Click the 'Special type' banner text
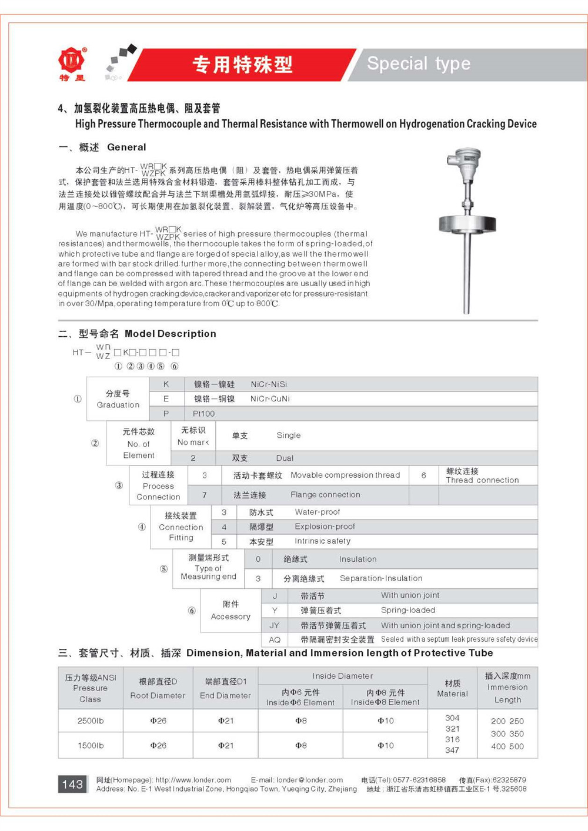click(x=419, y=63)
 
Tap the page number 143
click(x=72, y=784)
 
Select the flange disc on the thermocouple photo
click(x=467, y=224)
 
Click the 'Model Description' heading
click(x=171, y=334)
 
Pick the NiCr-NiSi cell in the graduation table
click(x=269, y=384)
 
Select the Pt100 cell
click(x=203, y=414)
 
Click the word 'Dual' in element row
click(x=285, y=458)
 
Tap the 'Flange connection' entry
click(x=325, y=495)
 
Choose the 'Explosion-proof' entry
click(x=325, y=527)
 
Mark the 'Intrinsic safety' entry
click(x=322, y=541)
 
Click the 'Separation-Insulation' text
click(x=381, y=578)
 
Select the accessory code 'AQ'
click(x=275, y=640)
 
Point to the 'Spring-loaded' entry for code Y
click(x=408, y=610)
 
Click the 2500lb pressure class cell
click(x=91, y=721)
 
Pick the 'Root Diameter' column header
click(x=158, y=696)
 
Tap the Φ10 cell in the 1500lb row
click(x=386, y=745)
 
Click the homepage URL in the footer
click(x=193, y=780)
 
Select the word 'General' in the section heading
click(x=126, y=148)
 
